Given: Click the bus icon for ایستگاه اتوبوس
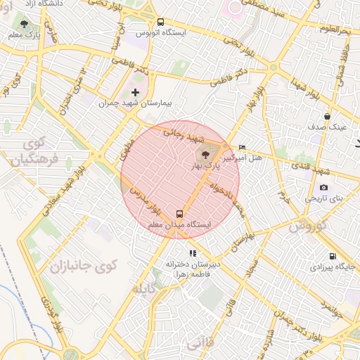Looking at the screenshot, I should [160, 22].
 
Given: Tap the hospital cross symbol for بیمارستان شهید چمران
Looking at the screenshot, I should [136, 92].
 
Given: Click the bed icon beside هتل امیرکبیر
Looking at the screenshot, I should [243, 147].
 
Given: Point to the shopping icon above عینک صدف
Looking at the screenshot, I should [327, 116].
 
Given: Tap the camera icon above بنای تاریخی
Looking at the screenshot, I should [323, 187].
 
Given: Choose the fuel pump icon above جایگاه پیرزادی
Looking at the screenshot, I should [333, 256].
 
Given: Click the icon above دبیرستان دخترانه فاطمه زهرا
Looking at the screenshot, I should [192, 253].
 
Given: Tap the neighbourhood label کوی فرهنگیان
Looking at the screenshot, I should [28, 150].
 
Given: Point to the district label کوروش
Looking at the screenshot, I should [308, 226].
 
